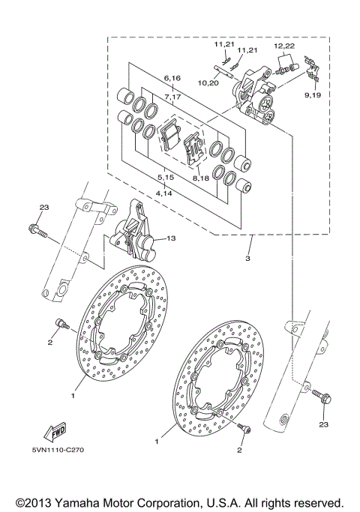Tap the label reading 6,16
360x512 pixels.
pos(172,78)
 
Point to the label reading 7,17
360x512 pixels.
pos(172,97)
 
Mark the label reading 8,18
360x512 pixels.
pos(201,179)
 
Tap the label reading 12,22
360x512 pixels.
pos(283,46)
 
